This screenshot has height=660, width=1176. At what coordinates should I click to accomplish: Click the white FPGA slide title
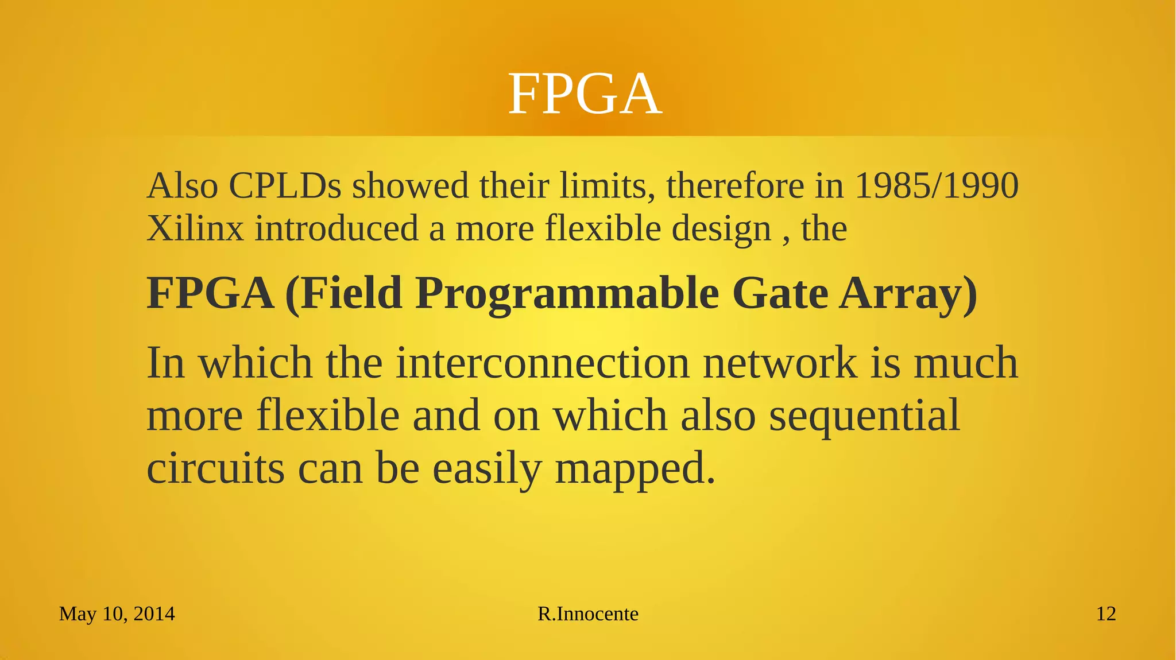pos(585,94)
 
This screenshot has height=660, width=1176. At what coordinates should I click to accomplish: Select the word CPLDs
pos(285,186)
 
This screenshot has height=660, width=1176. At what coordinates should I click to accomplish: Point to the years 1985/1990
pos(937,186)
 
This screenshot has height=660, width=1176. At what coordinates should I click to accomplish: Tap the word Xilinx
pos(195,228)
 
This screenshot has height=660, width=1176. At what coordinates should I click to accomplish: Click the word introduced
pos(336,228)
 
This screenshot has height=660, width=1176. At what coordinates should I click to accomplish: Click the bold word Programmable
pos(567,294)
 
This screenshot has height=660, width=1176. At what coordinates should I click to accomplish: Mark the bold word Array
pos(907,294)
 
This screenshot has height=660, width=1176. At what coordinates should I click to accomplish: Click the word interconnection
pos(543,363)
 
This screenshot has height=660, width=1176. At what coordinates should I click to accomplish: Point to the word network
pos(780,363)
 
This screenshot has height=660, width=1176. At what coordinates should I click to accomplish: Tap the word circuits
pos(215,468)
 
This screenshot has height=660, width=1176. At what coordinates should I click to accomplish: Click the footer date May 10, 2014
pos(117,614)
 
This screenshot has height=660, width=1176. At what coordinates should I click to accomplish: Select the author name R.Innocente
pos(588,614)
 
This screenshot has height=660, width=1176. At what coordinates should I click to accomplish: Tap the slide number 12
pos(1106,614)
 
